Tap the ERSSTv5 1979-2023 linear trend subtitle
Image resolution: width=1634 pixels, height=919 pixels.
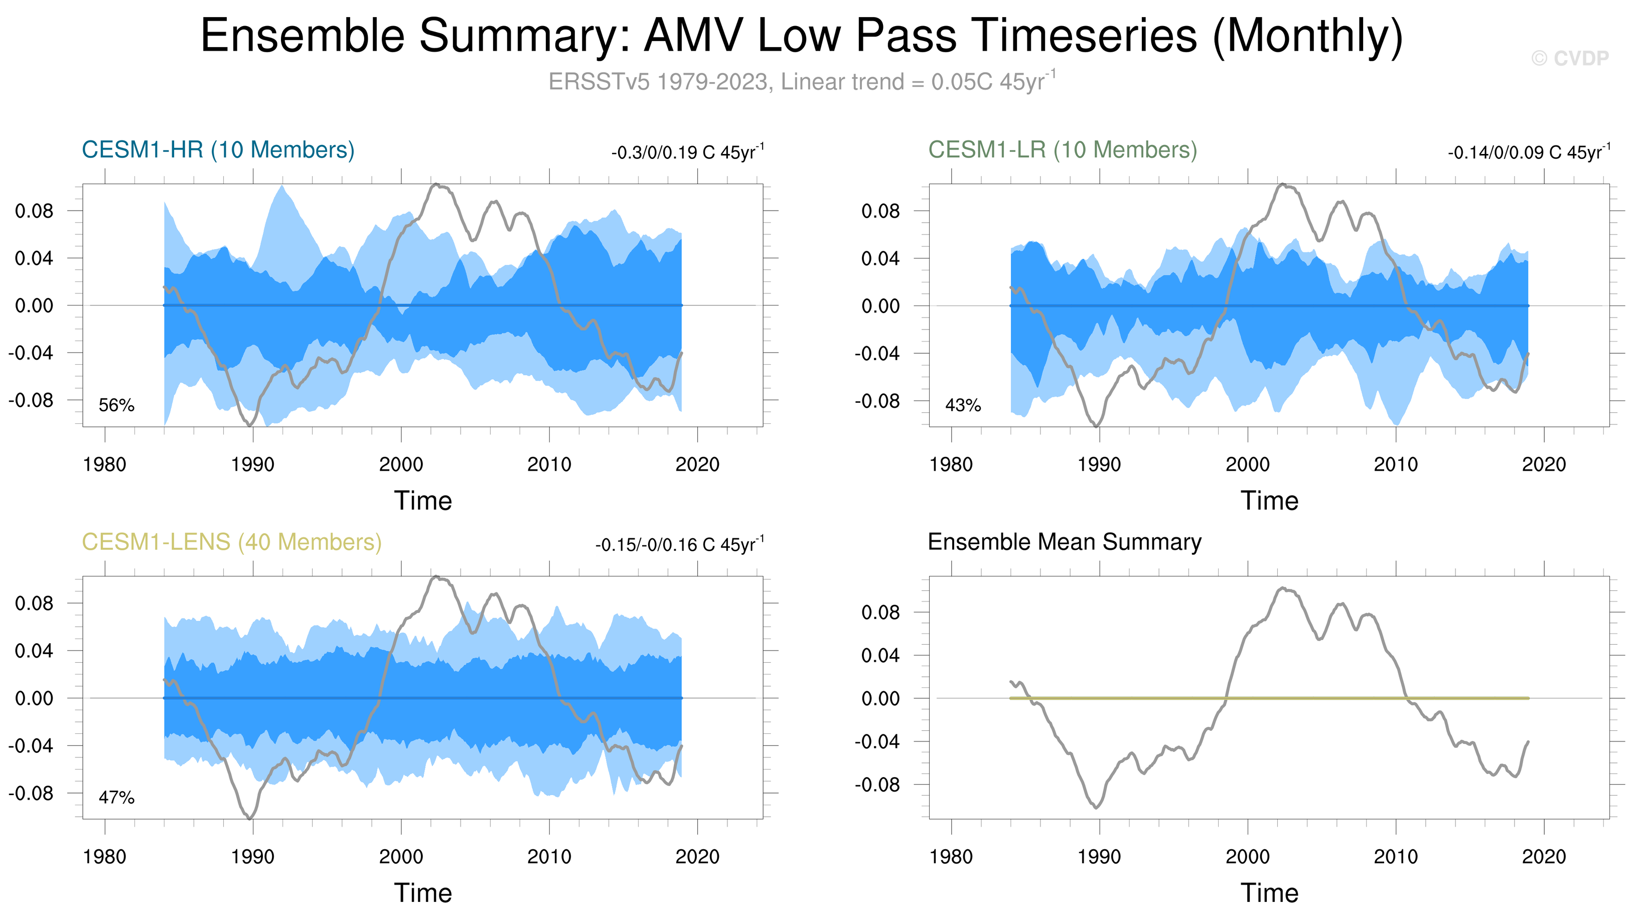click(x=802, y=82)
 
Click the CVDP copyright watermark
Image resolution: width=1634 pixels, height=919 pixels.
click(x=1569, y=58)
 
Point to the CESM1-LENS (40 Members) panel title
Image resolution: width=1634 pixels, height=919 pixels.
click(x=231, y=542)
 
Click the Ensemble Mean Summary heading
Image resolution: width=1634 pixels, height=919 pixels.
click(x=1065, y=542)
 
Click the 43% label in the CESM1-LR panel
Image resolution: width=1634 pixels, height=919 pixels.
click(x=963, y=405)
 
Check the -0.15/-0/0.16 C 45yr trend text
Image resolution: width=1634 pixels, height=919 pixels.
click(x=679, y=545)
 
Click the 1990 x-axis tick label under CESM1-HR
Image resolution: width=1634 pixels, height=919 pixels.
click(x=252, y=465)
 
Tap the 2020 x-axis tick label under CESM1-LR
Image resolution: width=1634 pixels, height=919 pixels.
click(x=1544, y=465)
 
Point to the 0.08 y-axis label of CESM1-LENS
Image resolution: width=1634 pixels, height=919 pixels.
click(x=34, y=603)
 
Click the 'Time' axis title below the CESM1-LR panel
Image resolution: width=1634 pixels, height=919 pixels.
click(x=1269, y=501)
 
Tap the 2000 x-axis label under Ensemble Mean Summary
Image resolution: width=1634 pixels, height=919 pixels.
click(x=1247, y=857)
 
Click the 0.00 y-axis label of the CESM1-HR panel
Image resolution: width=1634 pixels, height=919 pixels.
click(x=34, y=305)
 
